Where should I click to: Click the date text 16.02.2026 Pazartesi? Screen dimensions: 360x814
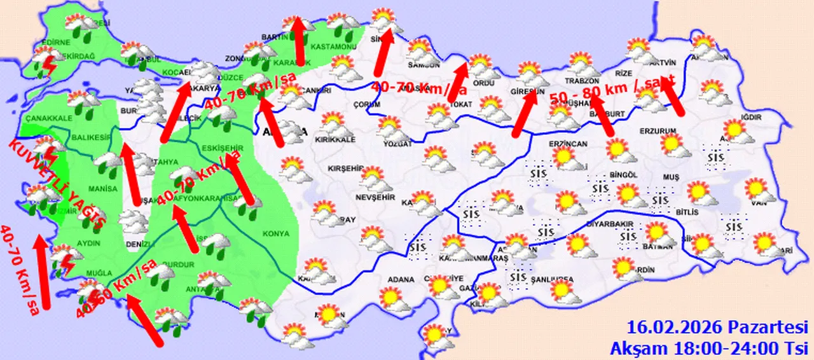717,328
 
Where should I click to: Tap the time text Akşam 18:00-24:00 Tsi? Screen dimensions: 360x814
708,348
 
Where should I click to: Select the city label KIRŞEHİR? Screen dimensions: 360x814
344,169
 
